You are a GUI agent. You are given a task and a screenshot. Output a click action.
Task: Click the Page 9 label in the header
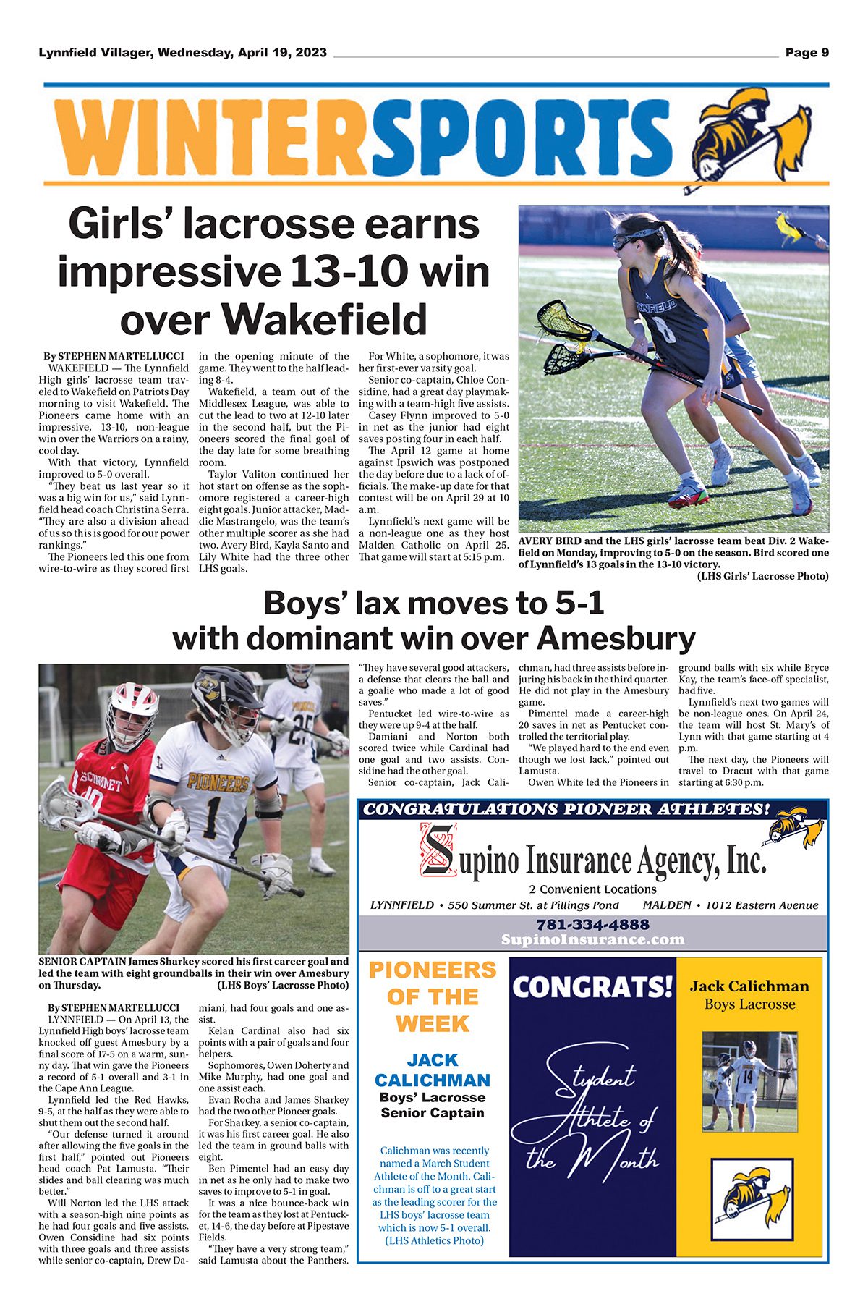807,53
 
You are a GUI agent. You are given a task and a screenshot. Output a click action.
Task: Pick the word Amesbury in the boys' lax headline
615,639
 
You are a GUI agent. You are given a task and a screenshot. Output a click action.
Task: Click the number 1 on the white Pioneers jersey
213,814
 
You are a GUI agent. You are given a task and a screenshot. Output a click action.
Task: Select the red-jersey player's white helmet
131,713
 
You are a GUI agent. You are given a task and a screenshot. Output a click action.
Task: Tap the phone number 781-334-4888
592,925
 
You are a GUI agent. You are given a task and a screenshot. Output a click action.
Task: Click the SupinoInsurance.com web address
592,939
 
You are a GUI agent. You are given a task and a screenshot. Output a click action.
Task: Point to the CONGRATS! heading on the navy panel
592,987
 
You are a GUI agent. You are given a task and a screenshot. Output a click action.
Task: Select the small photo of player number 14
748,1081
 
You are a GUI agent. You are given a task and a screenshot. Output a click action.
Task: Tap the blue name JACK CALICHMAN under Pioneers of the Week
433,1070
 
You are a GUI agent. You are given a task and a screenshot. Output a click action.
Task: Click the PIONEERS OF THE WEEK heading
433,997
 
